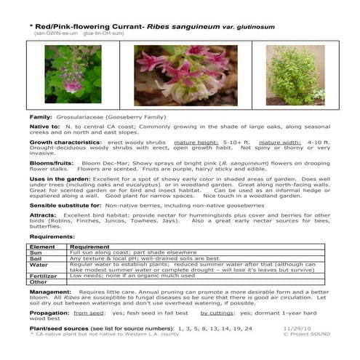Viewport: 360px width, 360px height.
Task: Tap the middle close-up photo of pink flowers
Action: (x=175, y=76)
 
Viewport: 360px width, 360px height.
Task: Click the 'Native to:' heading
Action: (x=45, y=127)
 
